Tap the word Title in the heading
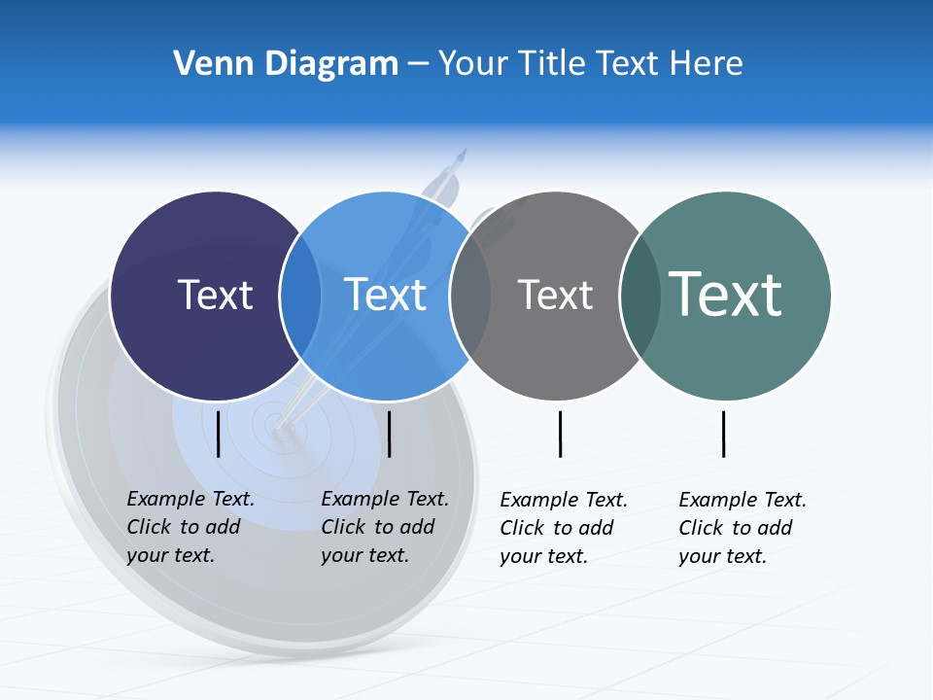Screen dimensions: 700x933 (554, 63)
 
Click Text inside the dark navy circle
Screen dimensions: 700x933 (215, 295)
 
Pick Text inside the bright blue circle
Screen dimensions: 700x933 (386, 295)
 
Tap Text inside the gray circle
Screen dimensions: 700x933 (555, 295)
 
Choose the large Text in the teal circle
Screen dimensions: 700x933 (726, 294)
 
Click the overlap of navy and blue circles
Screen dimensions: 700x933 (300, 296)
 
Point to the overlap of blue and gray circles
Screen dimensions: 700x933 (470, 296)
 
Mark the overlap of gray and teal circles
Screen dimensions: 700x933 (639, 296)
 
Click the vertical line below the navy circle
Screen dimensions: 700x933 (219, 434)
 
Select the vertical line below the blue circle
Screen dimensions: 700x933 (390, 434)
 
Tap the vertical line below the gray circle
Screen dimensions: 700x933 (561, 434)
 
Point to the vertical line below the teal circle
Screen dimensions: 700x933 (724, 434)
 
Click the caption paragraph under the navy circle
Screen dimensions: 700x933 (190, 527)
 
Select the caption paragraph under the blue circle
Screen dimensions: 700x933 (385, 527)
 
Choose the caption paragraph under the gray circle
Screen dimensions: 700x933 (564, 528)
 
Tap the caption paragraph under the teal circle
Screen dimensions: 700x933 (743, 528)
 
